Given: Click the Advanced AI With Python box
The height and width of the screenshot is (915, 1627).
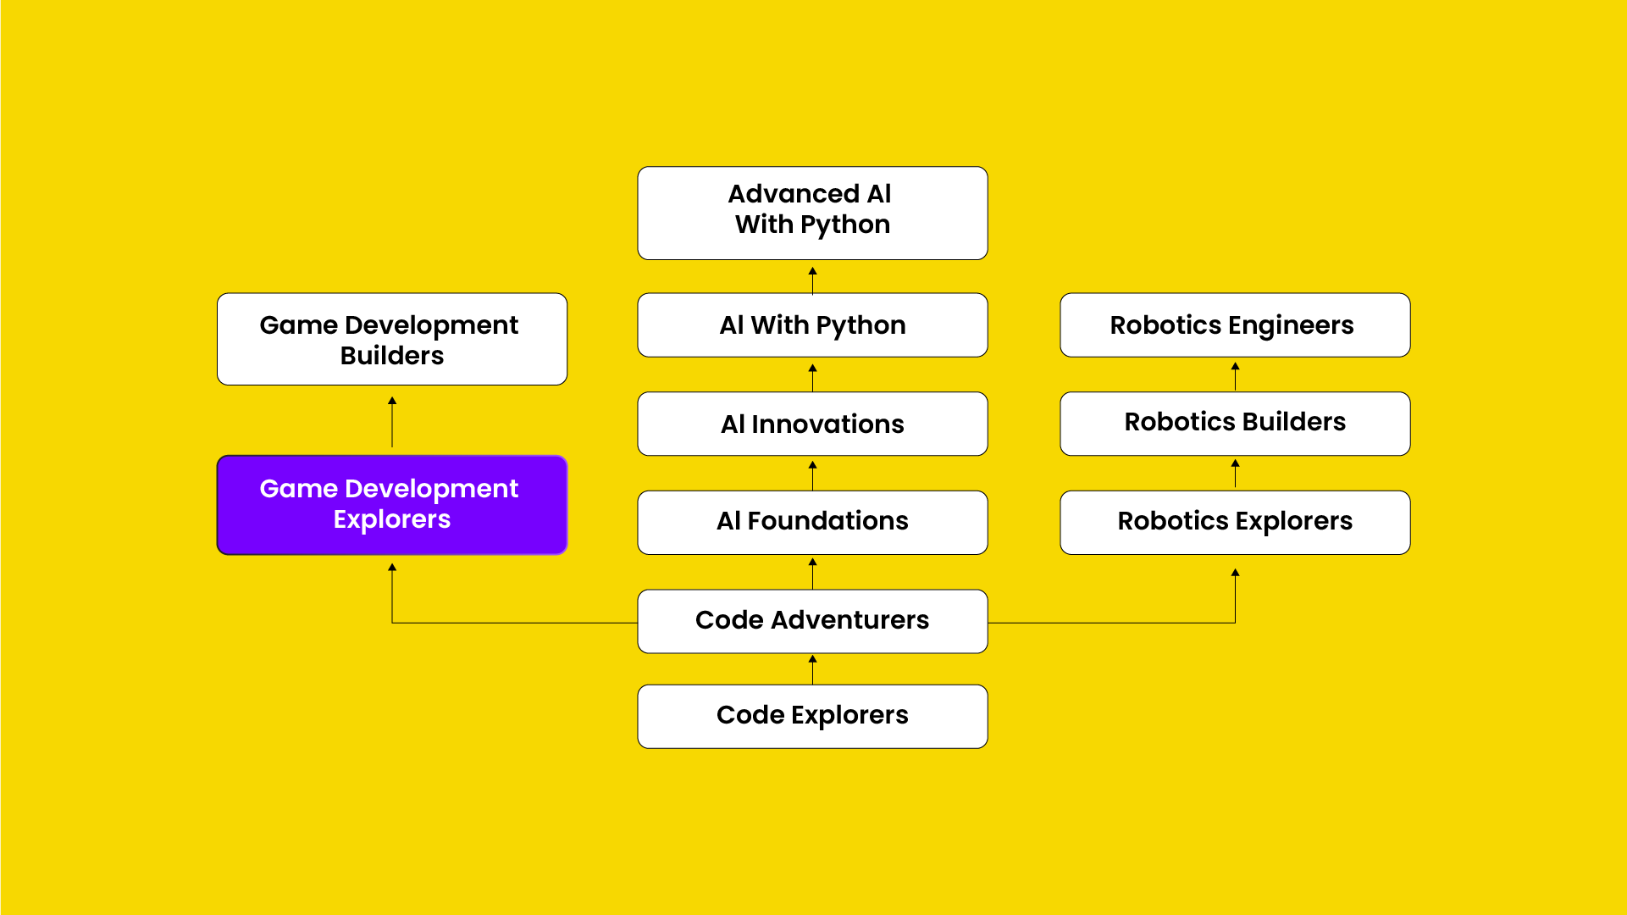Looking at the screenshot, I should click(x=812, y=213).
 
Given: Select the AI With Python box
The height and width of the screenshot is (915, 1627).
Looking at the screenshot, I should click(x=812, y=325).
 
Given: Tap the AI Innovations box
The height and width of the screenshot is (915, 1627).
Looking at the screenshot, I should click(x=812, y=424).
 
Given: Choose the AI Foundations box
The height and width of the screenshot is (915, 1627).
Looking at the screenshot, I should click(x=812, y=522).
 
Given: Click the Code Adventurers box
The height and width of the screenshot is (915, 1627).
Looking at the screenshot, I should click(x=812, y=621).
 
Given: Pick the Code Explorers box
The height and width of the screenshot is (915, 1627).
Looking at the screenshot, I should click(x=812, y=716).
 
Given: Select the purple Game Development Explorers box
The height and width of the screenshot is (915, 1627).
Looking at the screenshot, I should click(x=392, y=505).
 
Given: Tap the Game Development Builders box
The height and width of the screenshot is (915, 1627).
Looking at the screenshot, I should click(x=392, y=339).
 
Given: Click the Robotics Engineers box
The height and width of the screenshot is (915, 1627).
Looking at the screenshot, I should click(x=1235, y=325).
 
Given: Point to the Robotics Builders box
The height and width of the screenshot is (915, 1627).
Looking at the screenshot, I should click(x=1235, y=423).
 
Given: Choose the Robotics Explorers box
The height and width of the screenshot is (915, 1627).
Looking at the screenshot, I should click(x=1235, y=522).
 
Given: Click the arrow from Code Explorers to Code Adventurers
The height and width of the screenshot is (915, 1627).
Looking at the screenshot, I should click(x=812, y=669).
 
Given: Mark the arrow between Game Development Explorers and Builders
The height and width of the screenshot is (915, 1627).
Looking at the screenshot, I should click(x=392, y=421).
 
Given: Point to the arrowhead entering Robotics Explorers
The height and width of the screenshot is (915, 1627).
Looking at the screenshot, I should click(x=1235, y=574).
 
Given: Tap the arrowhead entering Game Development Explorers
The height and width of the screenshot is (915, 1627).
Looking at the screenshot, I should click(x=392, y=568).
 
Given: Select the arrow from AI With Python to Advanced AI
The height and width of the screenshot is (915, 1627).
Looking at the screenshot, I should click(x=812, y=280).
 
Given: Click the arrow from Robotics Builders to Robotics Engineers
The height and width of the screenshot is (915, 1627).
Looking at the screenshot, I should click(x=1235, y=375).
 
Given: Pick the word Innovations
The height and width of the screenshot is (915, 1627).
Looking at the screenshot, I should click(x=827, y=424).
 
